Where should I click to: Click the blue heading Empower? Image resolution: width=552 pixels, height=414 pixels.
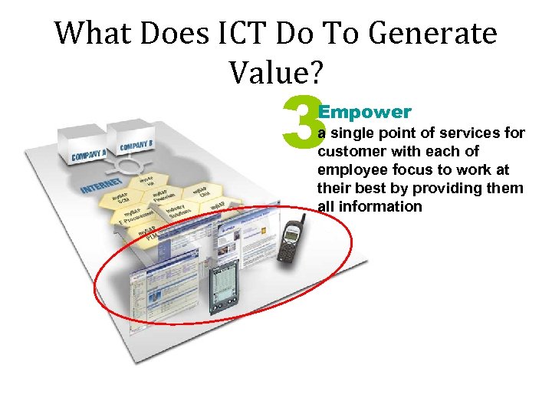pos(365,112)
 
